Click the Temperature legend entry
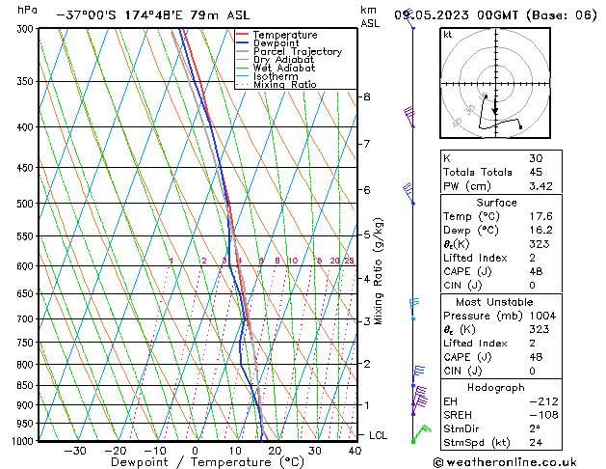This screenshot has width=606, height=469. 284,35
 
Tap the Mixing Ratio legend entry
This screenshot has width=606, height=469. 284,85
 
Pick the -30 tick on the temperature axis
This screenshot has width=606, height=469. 75,451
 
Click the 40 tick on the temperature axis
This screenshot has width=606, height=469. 356,451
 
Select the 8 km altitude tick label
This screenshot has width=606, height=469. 366,97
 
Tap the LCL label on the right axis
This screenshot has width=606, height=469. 379,436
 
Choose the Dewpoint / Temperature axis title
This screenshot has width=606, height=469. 194,462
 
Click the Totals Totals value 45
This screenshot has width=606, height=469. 536,172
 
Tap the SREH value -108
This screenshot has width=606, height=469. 542,414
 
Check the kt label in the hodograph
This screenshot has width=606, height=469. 447,35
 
